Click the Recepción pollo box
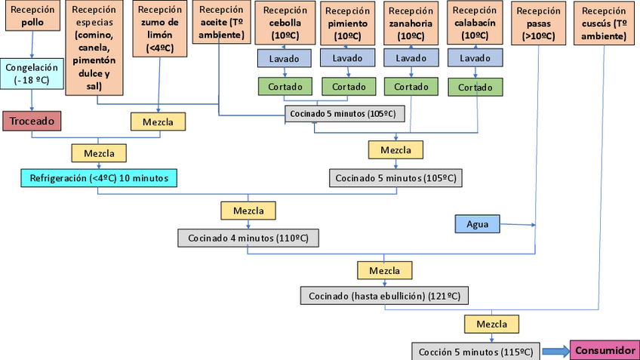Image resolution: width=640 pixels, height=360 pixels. pos(32,16)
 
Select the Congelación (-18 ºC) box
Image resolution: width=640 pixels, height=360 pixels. pos(31,73)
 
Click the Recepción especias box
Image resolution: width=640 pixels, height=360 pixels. pos(94,48)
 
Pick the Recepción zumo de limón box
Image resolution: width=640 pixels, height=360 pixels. pos(159,29)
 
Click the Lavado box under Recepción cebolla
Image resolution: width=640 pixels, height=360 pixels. pos(284,58)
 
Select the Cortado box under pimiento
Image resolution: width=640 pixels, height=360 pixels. pos(349,87)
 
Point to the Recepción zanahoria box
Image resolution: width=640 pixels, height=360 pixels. pos(411,22)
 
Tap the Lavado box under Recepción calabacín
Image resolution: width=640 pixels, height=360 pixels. pos(475,58)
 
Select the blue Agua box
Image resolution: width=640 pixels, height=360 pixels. pos(478,224)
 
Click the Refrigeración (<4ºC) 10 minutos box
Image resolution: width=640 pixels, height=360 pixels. pos(98,178)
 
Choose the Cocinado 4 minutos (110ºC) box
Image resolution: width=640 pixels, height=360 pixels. pos(248,238)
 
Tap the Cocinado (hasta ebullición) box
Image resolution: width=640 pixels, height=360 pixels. pos(384,295)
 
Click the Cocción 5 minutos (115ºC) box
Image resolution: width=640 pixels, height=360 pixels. pos(475,352)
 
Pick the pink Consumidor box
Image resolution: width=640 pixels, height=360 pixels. pos(605,350)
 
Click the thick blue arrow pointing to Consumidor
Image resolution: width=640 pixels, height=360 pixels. pos(555,351)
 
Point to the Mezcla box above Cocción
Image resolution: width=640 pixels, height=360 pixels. pos(491,325)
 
